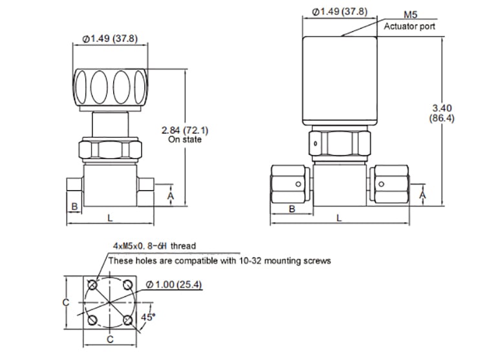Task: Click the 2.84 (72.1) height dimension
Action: click(x=185, y=130)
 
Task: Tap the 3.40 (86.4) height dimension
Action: click(x=442, y=113)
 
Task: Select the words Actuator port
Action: click(x=409, y=26)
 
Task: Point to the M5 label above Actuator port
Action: click(x=411, y=14)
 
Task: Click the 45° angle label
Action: click(x=148, y=317)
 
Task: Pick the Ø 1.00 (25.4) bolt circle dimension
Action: click(x=173, y=284)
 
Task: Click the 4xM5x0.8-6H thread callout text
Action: click(x=155, y=246)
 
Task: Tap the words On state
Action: click(x=185, y=140)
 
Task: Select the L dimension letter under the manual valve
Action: click(x=110, y=218)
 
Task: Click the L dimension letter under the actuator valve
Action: click(x=339, y=218)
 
